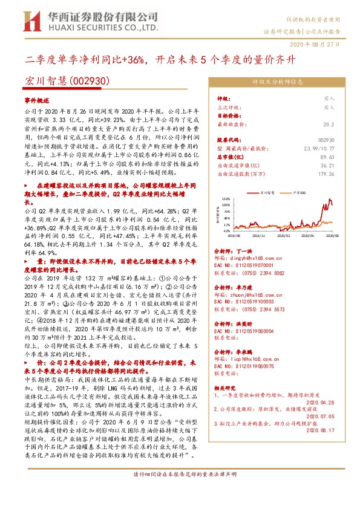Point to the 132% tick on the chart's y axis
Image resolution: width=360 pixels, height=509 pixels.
click(x=226, y=198)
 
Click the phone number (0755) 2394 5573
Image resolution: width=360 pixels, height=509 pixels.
click(x=261, y=308)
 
